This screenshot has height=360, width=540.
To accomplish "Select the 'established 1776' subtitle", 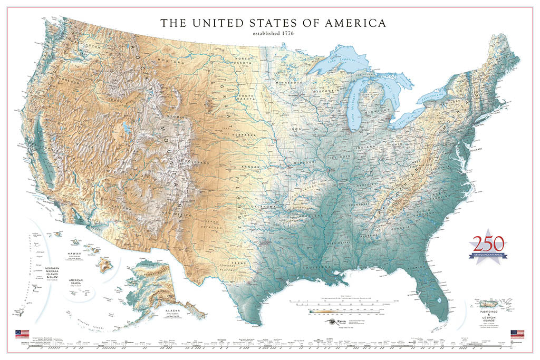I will coord(273,34).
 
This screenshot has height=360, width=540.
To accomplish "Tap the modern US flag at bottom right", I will coord(518,334).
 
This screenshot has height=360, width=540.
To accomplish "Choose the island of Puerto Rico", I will coord(489,305).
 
